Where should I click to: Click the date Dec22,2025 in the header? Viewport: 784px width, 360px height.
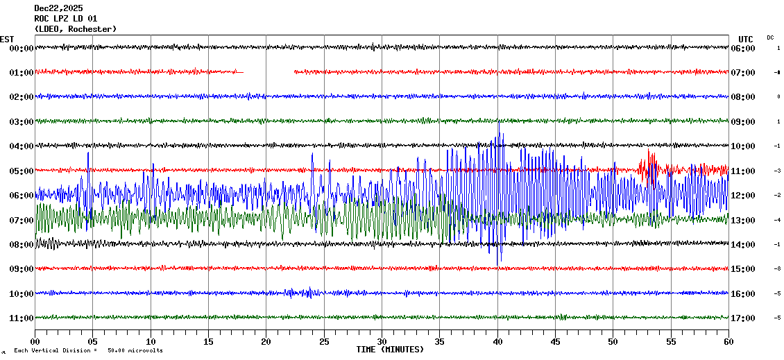pos(58,8)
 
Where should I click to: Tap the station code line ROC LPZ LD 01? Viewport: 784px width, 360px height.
pos(66,18)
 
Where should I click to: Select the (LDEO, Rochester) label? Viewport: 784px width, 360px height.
pos(75,29)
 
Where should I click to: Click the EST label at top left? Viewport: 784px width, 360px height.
pos(7,39)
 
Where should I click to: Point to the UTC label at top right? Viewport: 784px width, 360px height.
pos(745,39)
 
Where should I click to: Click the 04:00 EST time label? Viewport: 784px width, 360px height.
pos(22,146)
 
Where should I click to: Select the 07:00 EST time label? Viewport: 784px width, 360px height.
pos(22,220)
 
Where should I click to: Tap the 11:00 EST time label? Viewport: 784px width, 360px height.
pos(22,318)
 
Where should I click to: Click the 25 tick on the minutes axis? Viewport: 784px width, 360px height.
pos(324,341)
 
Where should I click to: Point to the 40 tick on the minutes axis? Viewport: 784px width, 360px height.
pos(497,341)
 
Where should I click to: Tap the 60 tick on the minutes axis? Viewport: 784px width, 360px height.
pos(728,341)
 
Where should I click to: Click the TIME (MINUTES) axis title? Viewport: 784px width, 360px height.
pos(390,350)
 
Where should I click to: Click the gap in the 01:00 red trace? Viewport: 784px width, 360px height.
pos(269,71)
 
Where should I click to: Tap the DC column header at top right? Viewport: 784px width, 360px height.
pos(770,37)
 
